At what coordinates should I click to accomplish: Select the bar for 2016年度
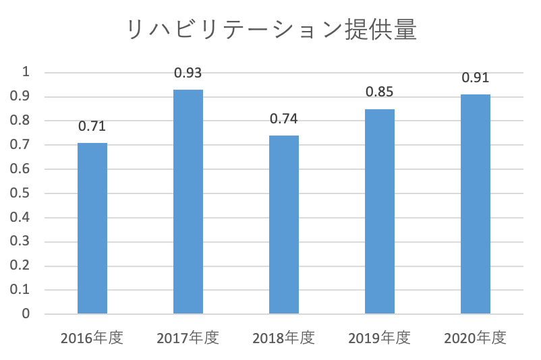tap(92, 229)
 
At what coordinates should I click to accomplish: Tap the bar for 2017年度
tap(188, 202)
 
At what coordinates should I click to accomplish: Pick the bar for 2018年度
tap(284, 224)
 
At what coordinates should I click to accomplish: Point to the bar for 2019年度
tap(380, 212)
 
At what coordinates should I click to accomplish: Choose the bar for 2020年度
tap(476, 204)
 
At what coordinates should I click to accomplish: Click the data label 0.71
tap(92, 126)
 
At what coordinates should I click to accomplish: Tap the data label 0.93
tap(188, 73)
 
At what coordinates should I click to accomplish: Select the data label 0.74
tap(284, 119)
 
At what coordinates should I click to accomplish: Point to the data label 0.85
tap(380, 92)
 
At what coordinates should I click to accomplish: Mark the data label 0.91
tap(476, 78)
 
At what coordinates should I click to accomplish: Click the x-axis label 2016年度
tap(92, 338)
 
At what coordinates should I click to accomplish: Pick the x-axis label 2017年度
tap(188, 338)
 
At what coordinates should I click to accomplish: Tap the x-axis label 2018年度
tap(284, 338)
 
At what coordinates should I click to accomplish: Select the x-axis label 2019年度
tap(380, 338)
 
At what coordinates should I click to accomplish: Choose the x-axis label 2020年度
tap(476, 338)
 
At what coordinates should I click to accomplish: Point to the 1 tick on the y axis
tap(26, 72)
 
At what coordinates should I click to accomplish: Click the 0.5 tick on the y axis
tap(22, 193)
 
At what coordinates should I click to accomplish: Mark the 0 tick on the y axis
tap(26, 314)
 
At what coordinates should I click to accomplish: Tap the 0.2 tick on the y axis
tap(22, 266)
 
